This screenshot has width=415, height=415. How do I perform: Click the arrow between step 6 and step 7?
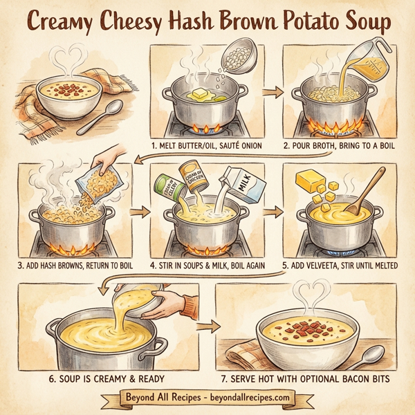210,324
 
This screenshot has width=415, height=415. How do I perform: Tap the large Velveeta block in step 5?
309,181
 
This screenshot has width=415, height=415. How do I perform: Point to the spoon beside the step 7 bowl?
373,358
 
